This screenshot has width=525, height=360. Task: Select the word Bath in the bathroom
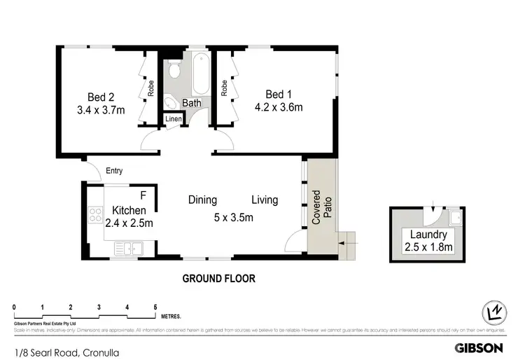click(192, 104)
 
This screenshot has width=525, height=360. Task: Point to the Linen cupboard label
click(174, 119)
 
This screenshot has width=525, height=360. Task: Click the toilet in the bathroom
click(174, 70)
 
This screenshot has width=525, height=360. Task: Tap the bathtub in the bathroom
click(199, 75)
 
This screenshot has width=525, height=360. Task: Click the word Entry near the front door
click(114, 170)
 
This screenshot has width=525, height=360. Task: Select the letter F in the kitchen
click(143, 195)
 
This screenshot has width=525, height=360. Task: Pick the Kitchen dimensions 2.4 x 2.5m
click(128, 223)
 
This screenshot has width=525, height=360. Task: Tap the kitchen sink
click(129, 247)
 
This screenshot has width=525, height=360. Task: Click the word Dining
click(202, 200)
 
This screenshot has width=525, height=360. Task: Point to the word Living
click(265, 200)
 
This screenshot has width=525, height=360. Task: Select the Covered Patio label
click(321, 207)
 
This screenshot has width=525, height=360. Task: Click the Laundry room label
click(427, 236)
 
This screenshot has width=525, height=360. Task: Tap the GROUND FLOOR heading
click(219, 278)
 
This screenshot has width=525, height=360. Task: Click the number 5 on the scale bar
click(155, 307)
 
